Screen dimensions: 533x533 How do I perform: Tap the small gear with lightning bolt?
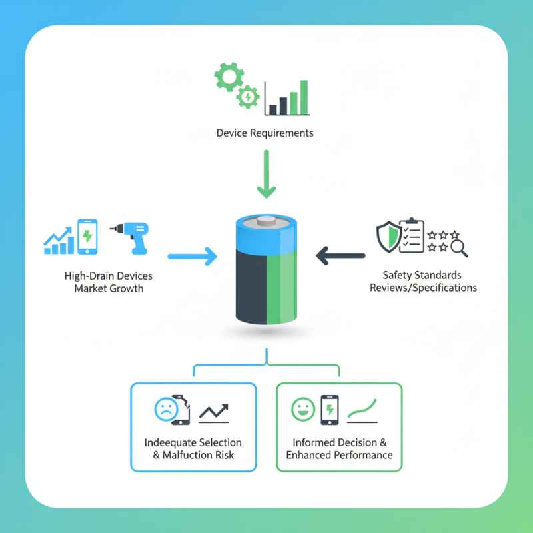248,97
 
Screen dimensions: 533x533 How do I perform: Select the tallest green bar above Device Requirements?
304,97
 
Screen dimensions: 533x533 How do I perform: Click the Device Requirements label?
265,133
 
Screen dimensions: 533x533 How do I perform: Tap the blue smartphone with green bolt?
87,237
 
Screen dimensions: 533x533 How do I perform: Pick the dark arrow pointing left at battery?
340,255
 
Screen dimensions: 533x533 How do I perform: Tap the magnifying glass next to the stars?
459,248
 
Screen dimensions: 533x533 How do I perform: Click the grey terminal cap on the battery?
266,221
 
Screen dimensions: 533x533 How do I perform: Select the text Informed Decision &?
339,442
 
